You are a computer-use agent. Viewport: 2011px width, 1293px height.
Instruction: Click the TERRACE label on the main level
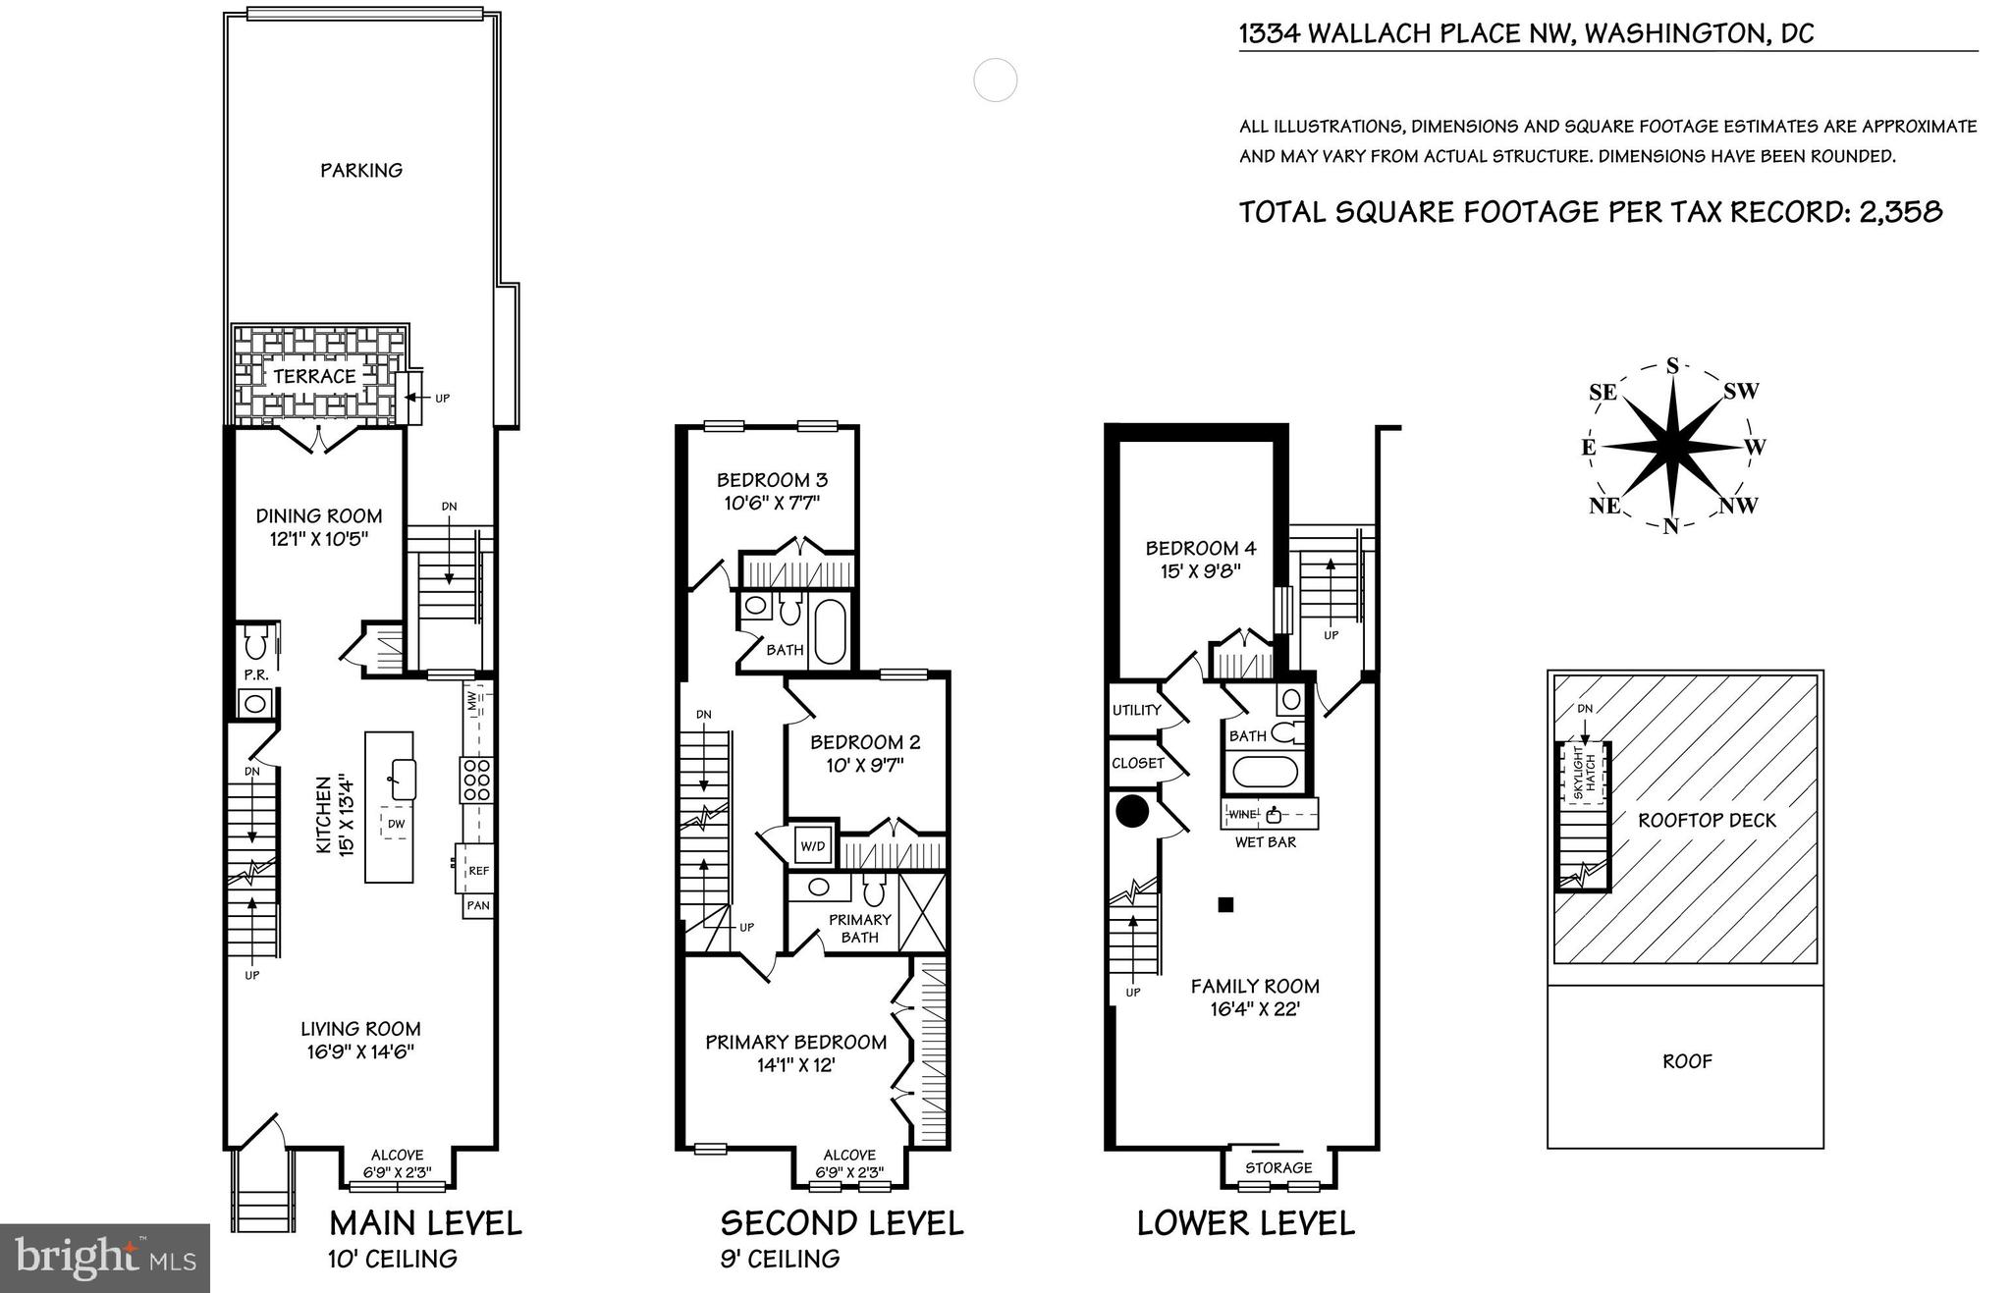(x=314, y=377)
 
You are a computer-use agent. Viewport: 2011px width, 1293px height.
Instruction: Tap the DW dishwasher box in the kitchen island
(x=396, y=824)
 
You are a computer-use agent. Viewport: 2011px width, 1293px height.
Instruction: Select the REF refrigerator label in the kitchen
(x=478, y=871)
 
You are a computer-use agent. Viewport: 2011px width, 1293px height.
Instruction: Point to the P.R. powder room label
(x=256, y=675)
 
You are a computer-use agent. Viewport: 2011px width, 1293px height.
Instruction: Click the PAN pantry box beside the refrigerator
(x=478, y=905)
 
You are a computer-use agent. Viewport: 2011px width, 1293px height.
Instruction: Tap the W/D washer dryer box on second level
(x=813, y=845)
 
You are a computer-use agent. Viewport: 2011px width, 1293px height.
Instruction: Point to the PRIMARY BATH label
(x=859, y=929)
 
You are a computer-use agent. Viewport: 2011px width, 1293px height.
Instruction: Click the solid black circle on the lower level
(x=1132, y=812)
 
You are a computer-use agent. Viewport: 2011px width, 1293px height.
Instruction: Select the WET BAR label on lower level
(x=1265, y=842)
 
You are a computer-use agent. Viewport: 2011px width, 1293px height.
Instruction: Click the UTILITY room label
(x=1136, y=710)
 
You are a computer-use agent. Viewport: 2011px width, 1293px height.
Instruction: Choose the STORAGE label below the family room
(x=1278, y=1168)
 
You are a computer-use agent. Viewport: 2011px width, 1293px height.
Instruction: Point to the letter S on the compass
(x=1672, y=366)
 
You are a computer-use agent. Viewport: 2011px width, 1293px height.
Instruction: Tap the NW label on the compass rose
(x=1738, y=507)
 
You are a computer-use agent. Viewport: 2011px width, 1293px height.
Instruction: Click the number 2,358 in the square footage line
(x=1900, y=212)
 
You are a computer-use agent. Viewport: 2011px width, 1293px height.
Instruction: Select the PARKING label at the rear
(x=361, y=171)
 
